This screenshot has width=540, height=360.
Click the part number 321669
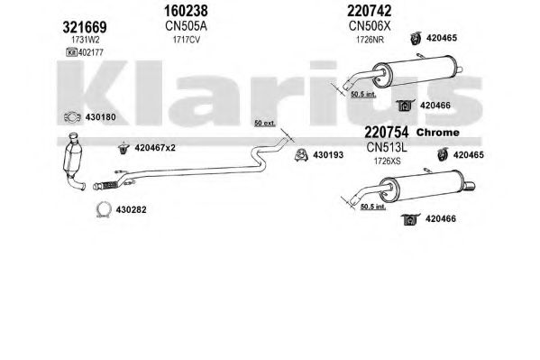click(85, 27)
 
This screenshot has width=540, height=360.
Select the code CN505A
click(186, 26)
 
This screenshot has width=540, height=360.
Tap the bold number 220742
click(370, 11)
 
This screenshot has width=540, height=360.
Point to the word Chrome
click(438, 133)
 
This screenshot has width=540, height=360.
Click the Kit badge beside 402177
click(71, 52)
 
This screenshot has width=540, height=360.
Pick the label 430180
click(101, 117)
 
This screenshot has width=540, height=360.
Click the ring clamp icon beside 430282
click(104, 209)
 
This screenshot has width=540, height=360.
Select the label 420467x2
click(155, 148)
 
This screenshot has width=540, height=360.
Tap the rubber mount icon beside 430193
click(302, 155)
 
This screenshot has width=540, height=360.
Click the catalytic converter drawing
click(73, 161)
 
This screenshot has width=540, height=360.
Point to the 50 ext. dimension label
click(265, 123)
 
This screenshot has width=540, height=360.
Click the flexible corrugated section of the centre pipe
click(109, 185)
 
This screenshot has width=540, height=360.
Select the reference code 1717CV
click(187, 40)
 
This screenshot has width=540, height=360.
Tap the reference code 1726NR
click(370, 40)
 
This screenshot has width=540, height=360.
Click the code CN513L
click(387, 148)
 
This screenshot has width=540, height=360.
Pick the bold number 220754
click(387, 132)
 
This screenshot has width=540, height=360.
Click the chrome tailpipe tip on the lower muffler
click(469, 186)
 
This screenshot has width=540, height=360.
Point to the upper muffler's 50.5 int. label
click(363, 94)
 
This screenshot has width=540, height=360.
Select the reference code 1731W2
click(86, 40)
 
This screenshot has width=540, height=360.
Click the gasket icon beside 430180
click(72, 117)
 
